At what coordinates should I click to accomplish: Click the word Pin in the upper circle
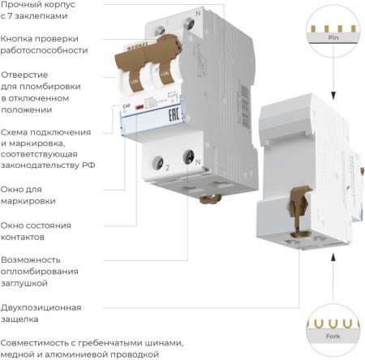[x=333, y=37]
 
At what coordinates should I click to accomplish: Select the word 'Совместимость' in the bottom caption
[x=41, y=341]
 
